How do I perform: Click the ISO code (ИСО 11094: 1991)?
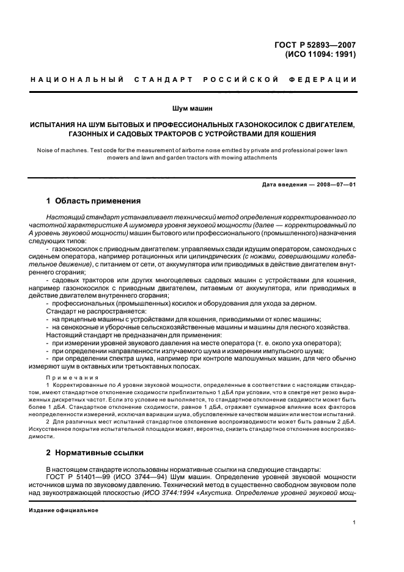[320, 53]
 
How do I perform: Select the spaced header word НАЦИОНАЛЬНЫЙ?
[77, 80]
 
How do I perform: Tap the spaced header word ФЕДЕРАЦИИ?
[326, 80]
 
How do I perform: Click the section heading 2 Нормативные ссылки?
[95, 453]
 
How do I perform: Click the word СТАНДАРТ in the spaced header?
[167, 80]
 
